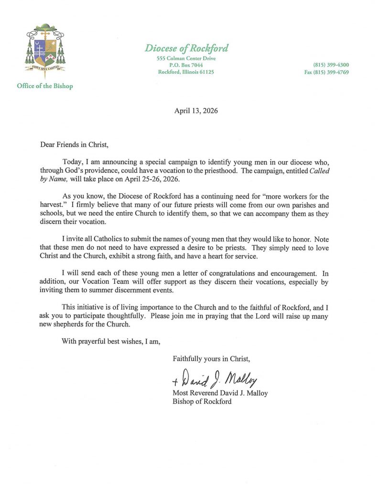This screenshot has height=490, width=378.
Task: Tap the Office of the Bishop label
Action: pos(44,86)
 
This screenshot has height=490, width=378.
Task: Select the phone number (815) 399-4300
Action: pos(331,65)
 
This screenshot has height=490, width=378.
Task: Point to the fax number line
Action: pos(327,72)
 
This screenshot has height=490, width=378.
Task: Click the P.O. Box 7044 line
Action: pos(186,65)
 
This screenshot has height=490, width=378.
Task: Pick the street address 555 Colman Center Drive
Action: pos(186,58)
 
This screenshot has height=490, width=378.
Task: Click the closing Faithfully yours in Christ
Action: pos(211,358)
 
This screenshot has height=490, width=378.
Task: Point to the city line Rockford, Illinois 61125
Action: pos(186,72)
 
